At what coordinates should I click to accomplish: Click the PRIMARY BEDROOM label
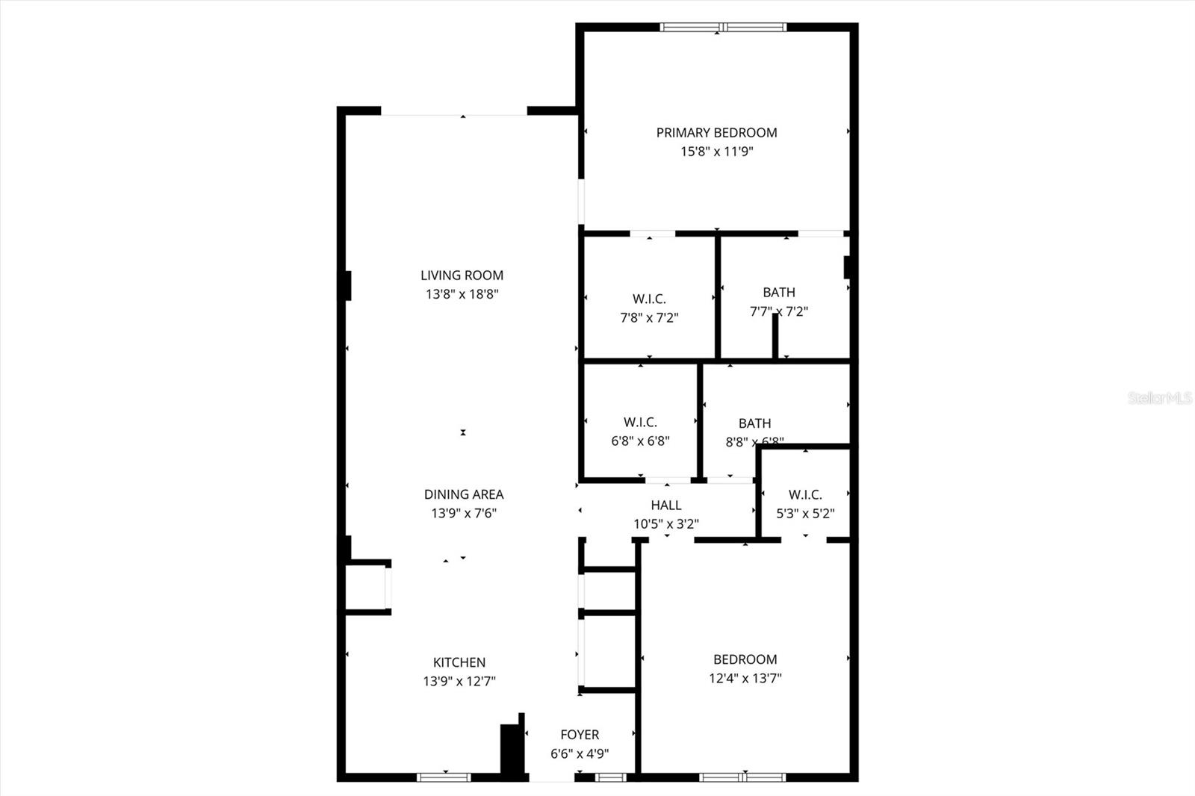click(716, 133)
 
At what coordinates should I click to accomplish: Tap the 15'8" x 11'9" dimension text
click(716, 152)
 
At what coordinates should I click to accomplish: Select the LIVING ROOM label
click(462, 276)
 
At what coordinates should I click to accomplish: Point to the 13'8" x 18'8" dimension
click(462, 294)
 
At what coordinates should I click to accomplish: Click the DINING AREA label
click(464, 494)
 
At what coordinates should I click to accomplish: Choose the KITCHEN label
click(459, 662)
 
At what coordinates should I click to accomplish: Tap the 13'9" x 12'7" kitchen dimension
click(459, 681)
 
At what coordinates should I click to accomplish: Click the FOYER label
click(580, 735)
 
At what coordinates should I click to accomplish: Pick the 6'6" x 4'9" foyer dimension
click(580, 753)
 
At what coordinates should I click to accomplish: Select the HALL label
click(665, 506)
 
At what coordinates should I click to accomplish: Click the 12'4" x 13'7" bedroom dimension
click(745, 678)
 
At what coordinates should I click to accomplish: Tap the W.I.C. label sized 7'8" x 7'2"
click(649, 299)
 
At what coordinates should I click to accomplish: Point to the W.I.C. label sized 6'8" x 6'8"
click(640, 422)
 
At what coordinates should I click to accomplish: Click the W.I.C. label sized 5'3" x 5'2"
click(805, 494)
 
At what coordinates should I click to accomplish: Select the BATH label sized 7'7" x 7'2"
click(779, 293)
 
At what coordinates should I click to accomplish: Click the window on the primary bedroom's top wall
click(723, 28)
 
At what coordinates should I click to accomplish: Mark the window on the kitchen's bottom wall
click(444, 777)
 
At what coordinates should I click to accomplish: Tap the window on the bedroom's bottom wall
click(742, 777)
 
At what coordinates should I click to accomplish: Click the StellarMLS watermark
click(1160, 398)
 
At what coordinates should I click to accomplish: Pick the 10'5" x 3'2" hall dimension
click(666, 524)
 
